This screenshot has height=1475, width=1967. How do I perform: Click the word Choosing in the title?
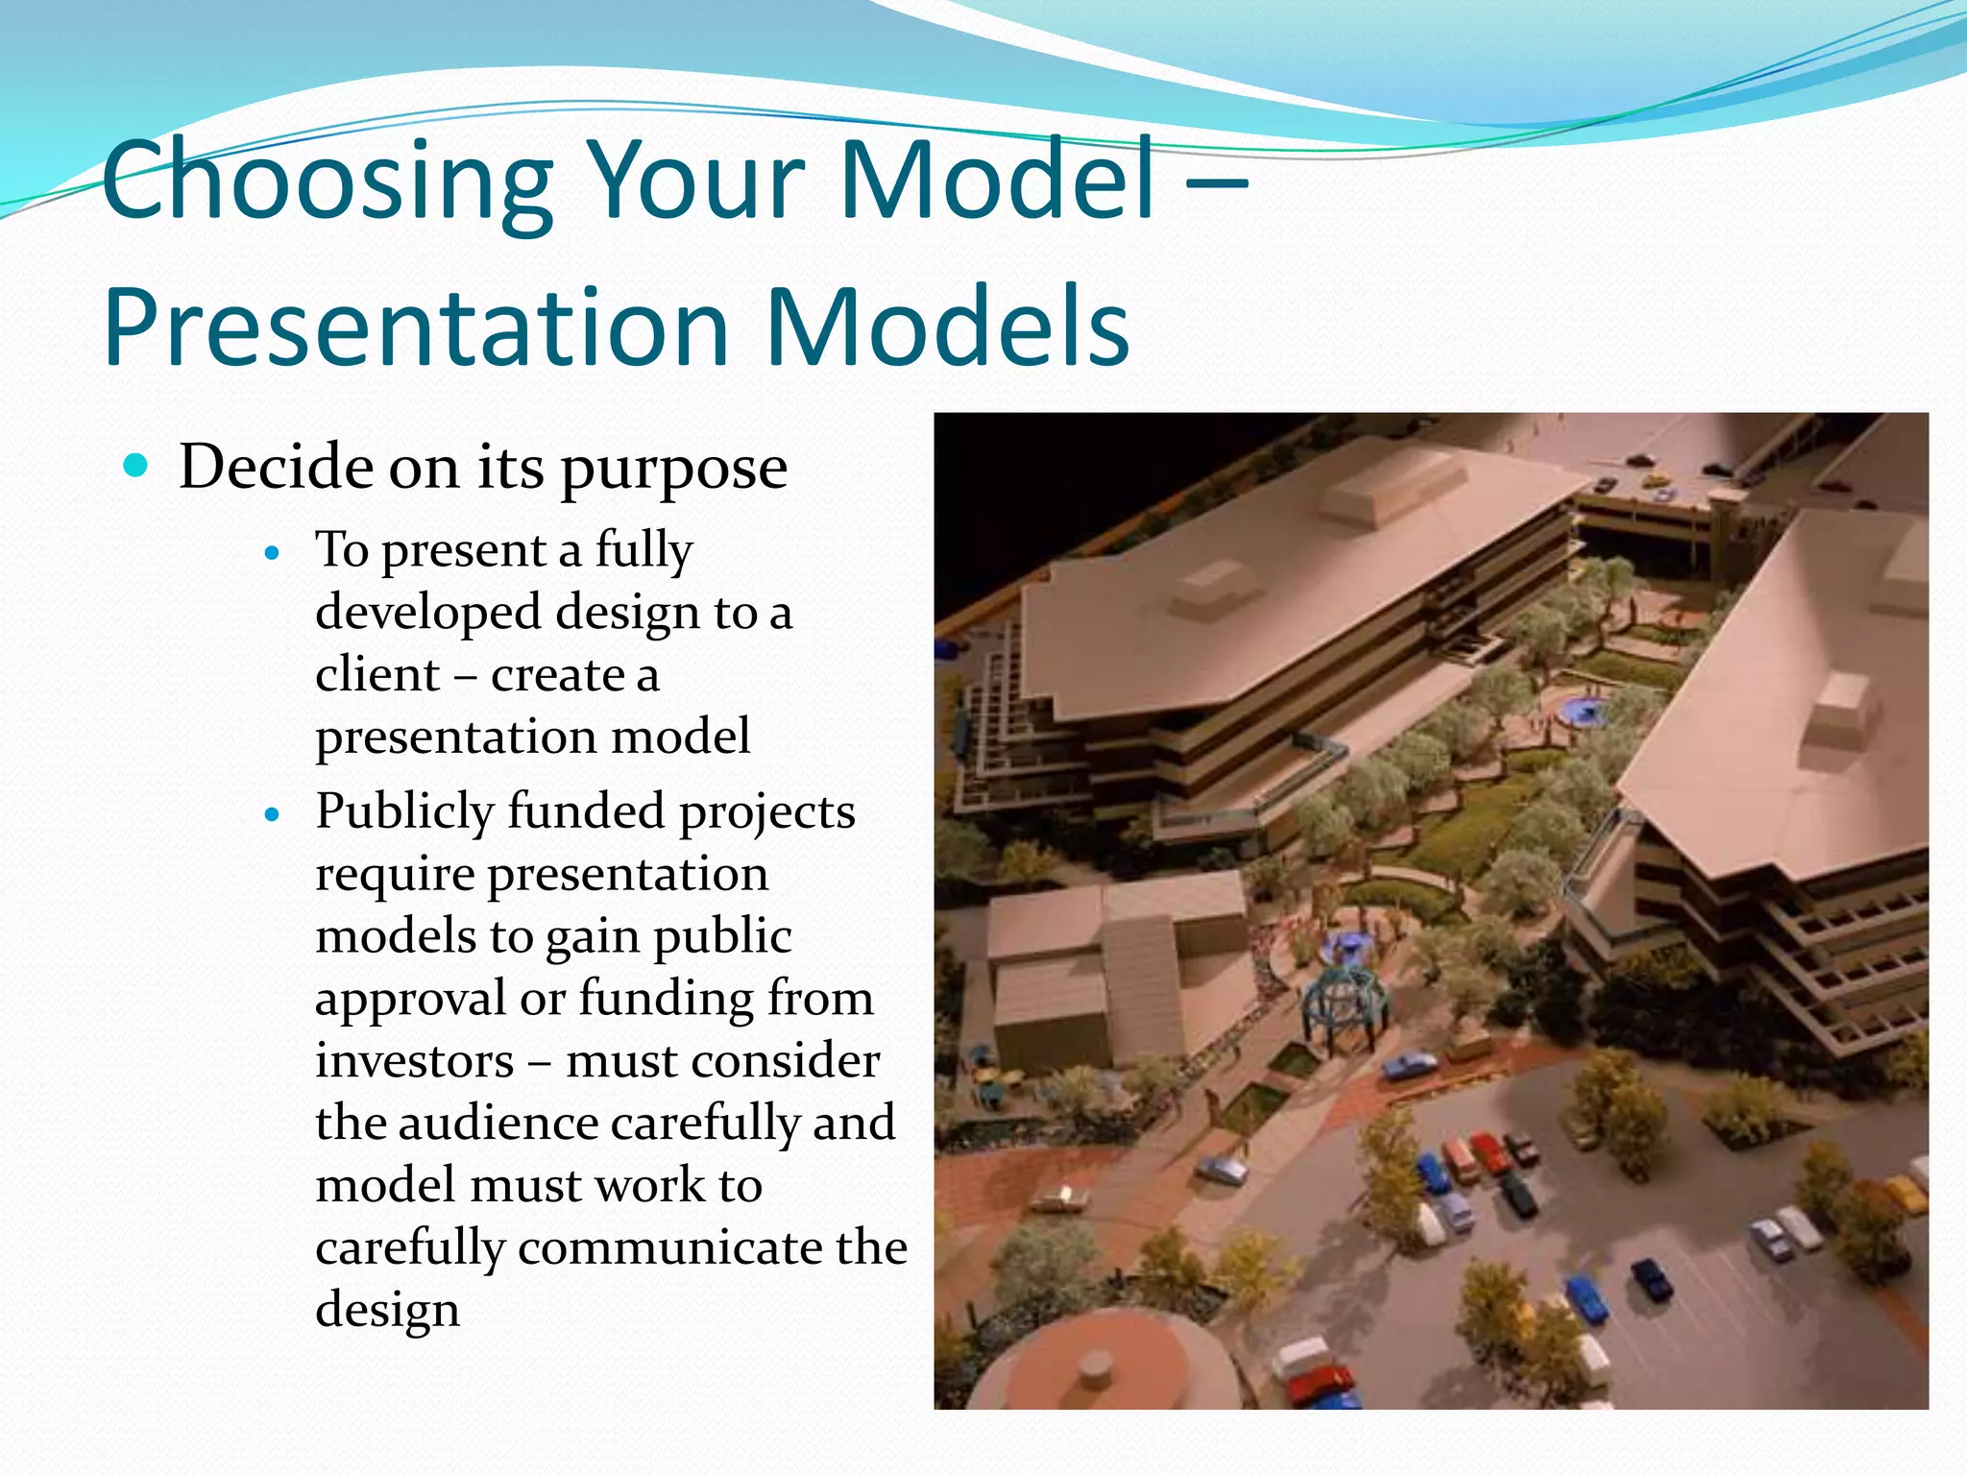(x=327, y=182)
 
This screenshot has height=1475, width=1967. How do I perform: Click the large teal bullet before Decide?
(x=136, y=467)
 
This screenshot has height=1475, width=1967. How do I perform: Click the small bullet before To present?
(x=273, y=553)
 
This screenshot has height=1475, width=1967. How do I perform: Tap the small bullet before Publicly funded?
(x=273, y=815)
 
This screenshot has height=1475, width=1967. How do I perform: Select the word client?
(x=376, y=675)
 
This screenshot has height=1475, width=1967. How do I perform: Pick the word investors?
(x=415, y=1061)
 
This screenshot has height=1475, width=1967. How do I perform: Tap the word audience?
(x=498, y=1124)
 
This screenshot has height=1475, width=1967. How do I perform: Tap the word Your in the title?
(x=696, y=182)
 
